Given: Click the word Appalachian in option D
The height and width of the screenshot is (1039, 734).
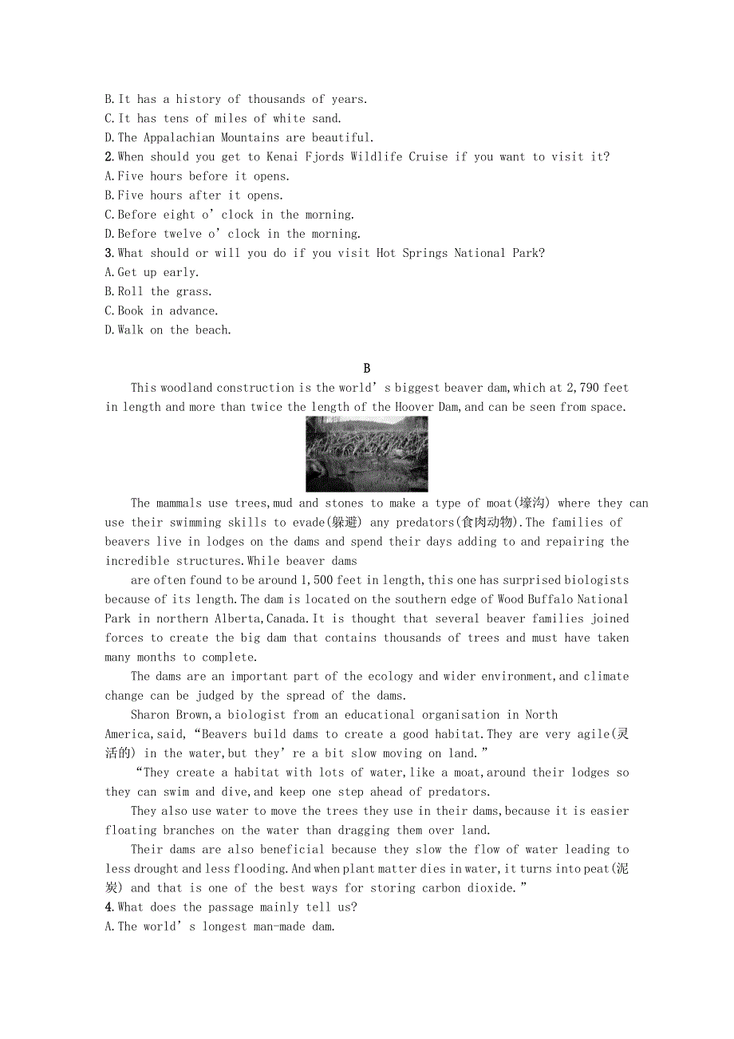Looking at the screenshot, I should click(178, 138).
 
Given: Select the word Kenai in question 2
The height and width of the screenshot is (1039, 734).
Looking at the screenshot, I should click(287, 157).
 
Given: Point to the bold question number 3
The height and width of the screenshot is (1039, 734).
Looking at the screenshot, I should click(109, 253).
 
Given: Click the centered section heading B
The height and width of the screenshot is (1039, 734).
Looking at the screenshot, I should click(367, 369).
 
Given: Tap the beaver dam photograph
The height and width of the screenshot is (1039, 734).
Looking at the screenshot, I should click(366, 454).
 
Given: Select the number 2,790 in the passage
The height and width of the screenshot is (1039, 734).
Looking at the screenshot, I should click(582, 388).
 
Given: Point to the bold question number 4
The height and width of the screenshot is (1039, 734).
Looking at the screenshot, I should click(109, 907).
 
